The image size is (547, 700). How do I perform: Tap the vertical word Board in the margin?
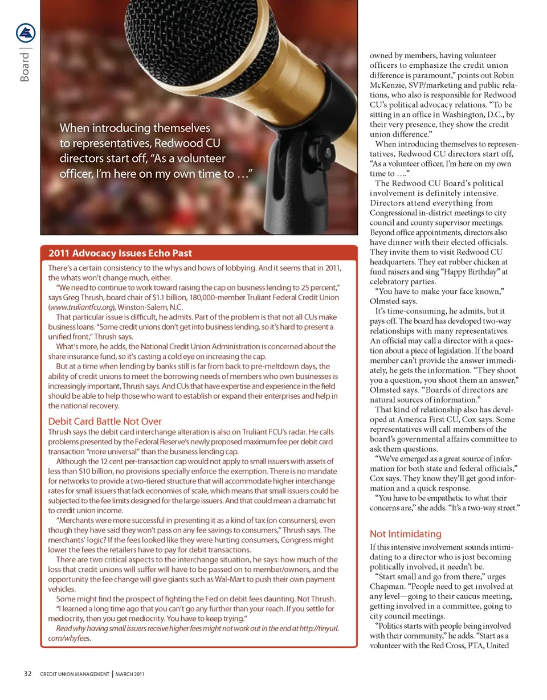(x=25, y=68)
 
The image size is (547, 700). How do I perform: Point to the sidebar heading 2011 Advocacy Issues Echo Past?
(x=120, y=253)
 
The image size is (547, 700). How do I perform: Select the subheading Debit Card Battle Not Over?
(x=105, y=421)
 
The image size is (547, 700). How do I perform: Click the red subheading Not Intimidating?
(x=405, y=534)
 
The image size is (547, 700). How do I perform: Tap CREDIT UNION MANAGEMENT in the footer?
(x=74, y=674)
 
